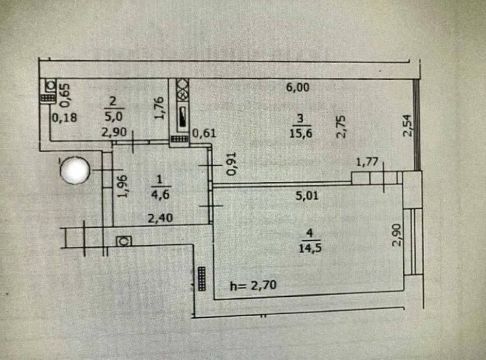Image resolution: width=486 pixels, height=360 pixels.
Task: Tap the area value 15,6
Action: (300, 133)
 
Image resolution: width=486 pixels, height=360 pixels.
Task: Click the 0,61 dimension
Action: (204, 132)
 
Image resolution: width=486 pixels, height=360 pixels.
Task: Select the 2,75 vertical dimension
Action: (341, 127)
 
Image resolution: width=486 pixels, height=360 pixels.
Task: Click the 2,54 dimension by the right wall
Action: (409, 125)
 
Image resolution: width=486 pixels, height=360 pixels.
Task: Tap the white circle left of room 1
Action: (74, 170)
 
